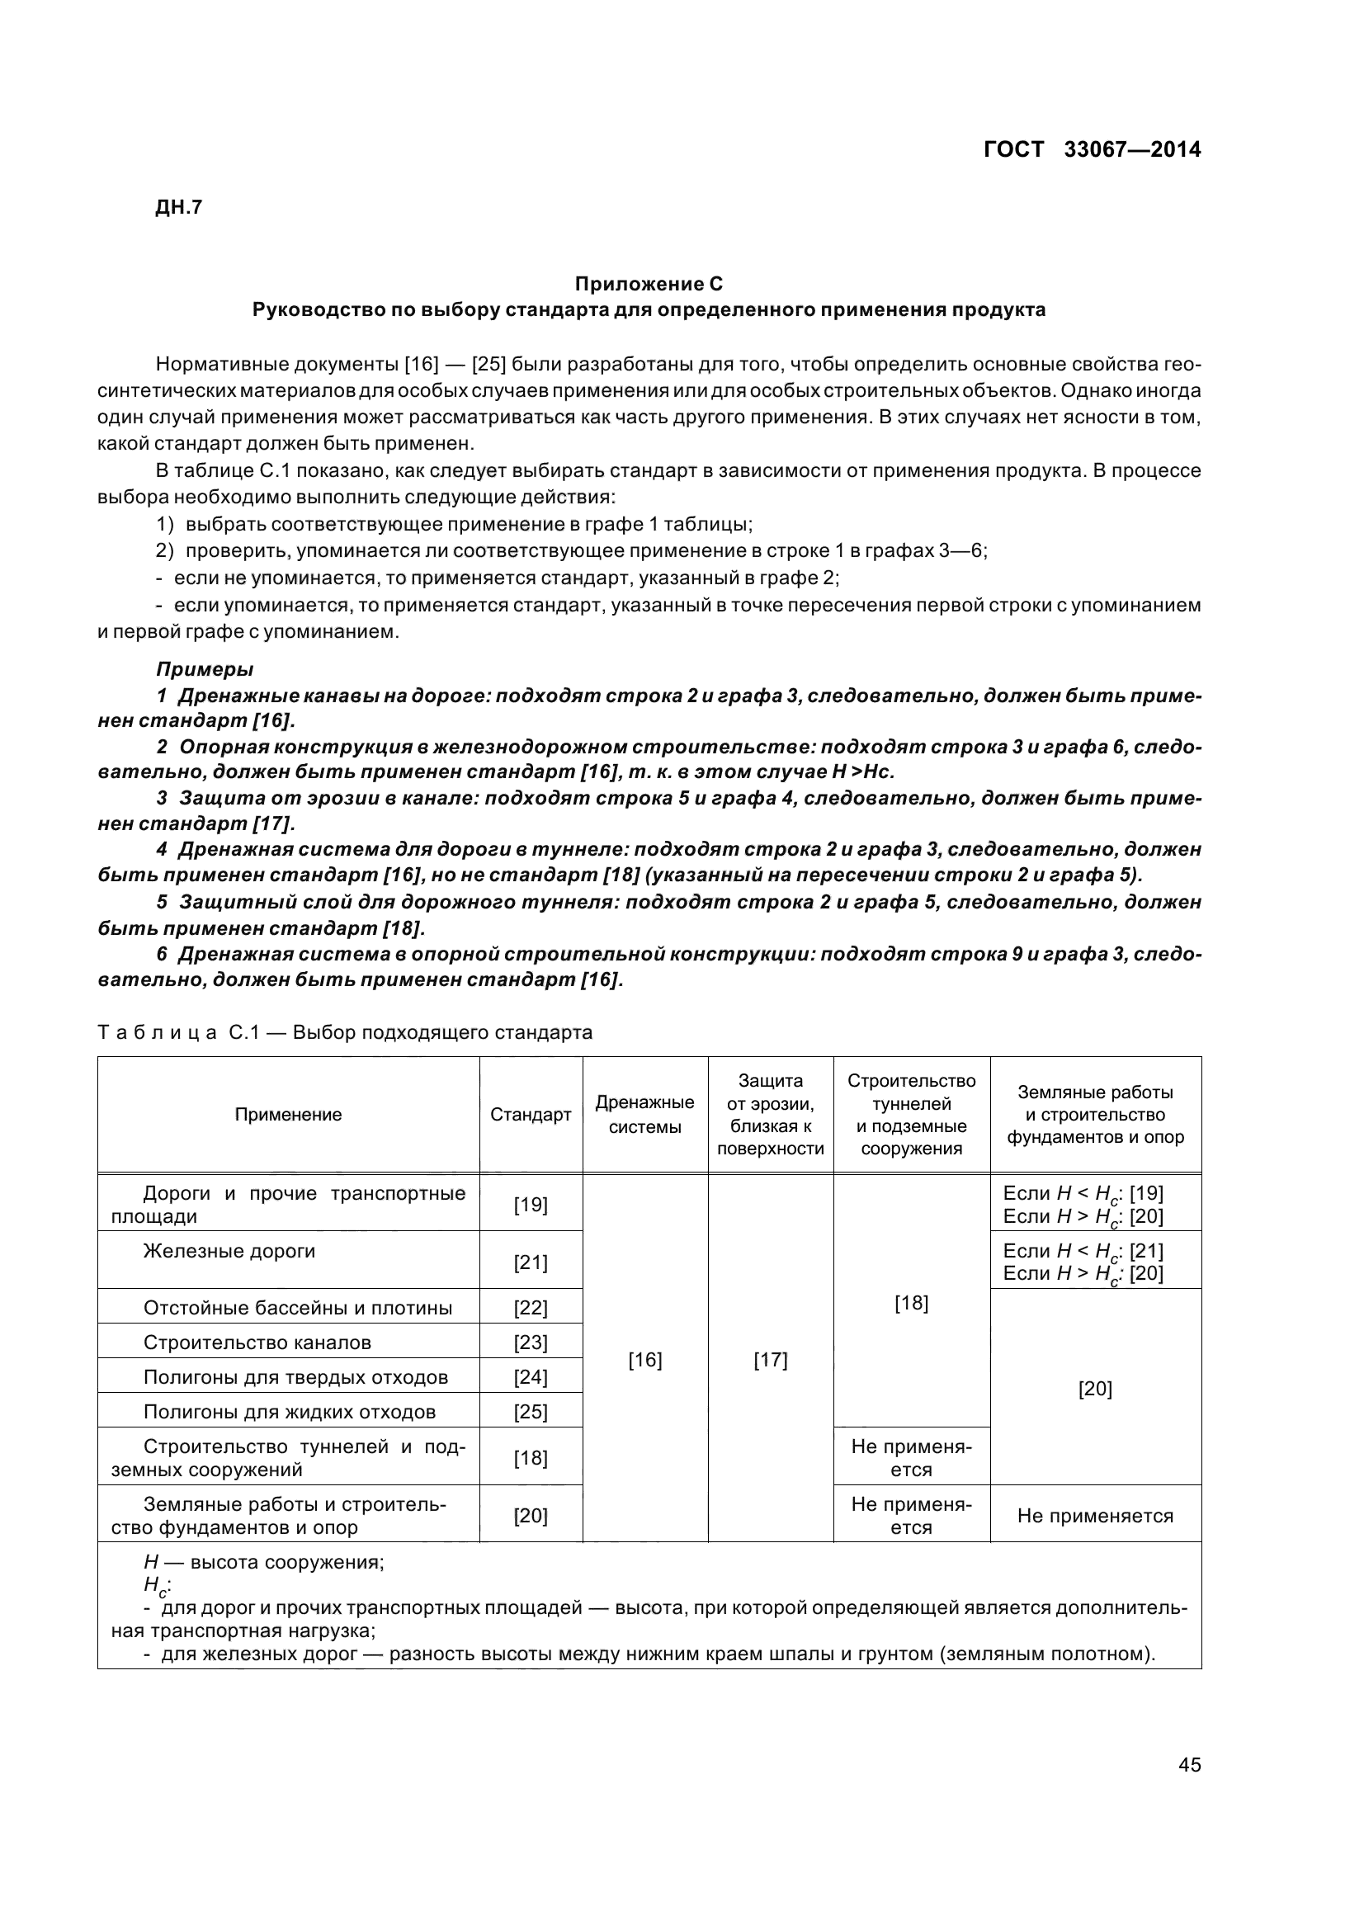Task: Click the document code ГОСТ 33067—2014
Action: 1092,149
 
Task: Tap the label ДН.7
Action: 179,208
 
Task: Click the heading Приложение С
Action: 648,283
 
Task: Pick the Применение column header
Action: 288,1115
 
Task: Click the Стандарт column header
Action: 531,1115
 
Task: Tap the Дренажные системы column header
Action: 644,1115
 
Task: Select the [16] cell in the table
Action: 644,1359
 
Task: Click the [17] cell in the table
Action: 770,1359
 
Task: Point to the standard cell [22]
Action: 531,1307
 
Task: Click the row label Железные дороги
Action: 229,1251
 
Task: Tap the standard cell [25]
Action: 531,1411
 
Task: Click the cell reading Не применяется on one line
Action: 1095,1516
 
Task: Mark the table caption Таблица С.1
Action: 345,1032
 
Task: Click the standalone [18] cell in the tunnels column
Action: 911,1303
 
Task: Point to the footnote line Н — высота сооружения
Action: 264,1563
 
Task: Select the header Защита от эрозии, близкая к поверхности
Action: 770,1115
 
